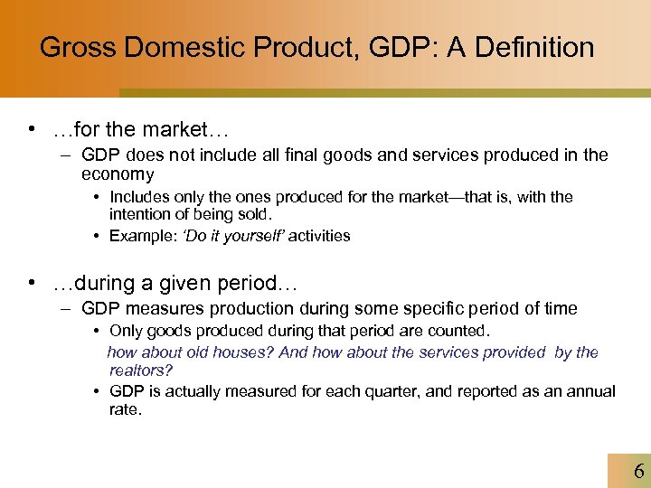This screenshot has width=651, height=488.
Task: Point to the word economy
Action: coord(118,174)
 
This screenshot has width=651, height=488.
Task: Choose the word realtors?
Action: coord(141,371)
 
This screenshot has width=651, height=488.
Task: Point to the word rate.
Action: coord(126,409)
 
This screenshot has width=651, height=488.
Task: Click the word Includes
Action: coord(141,197)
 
